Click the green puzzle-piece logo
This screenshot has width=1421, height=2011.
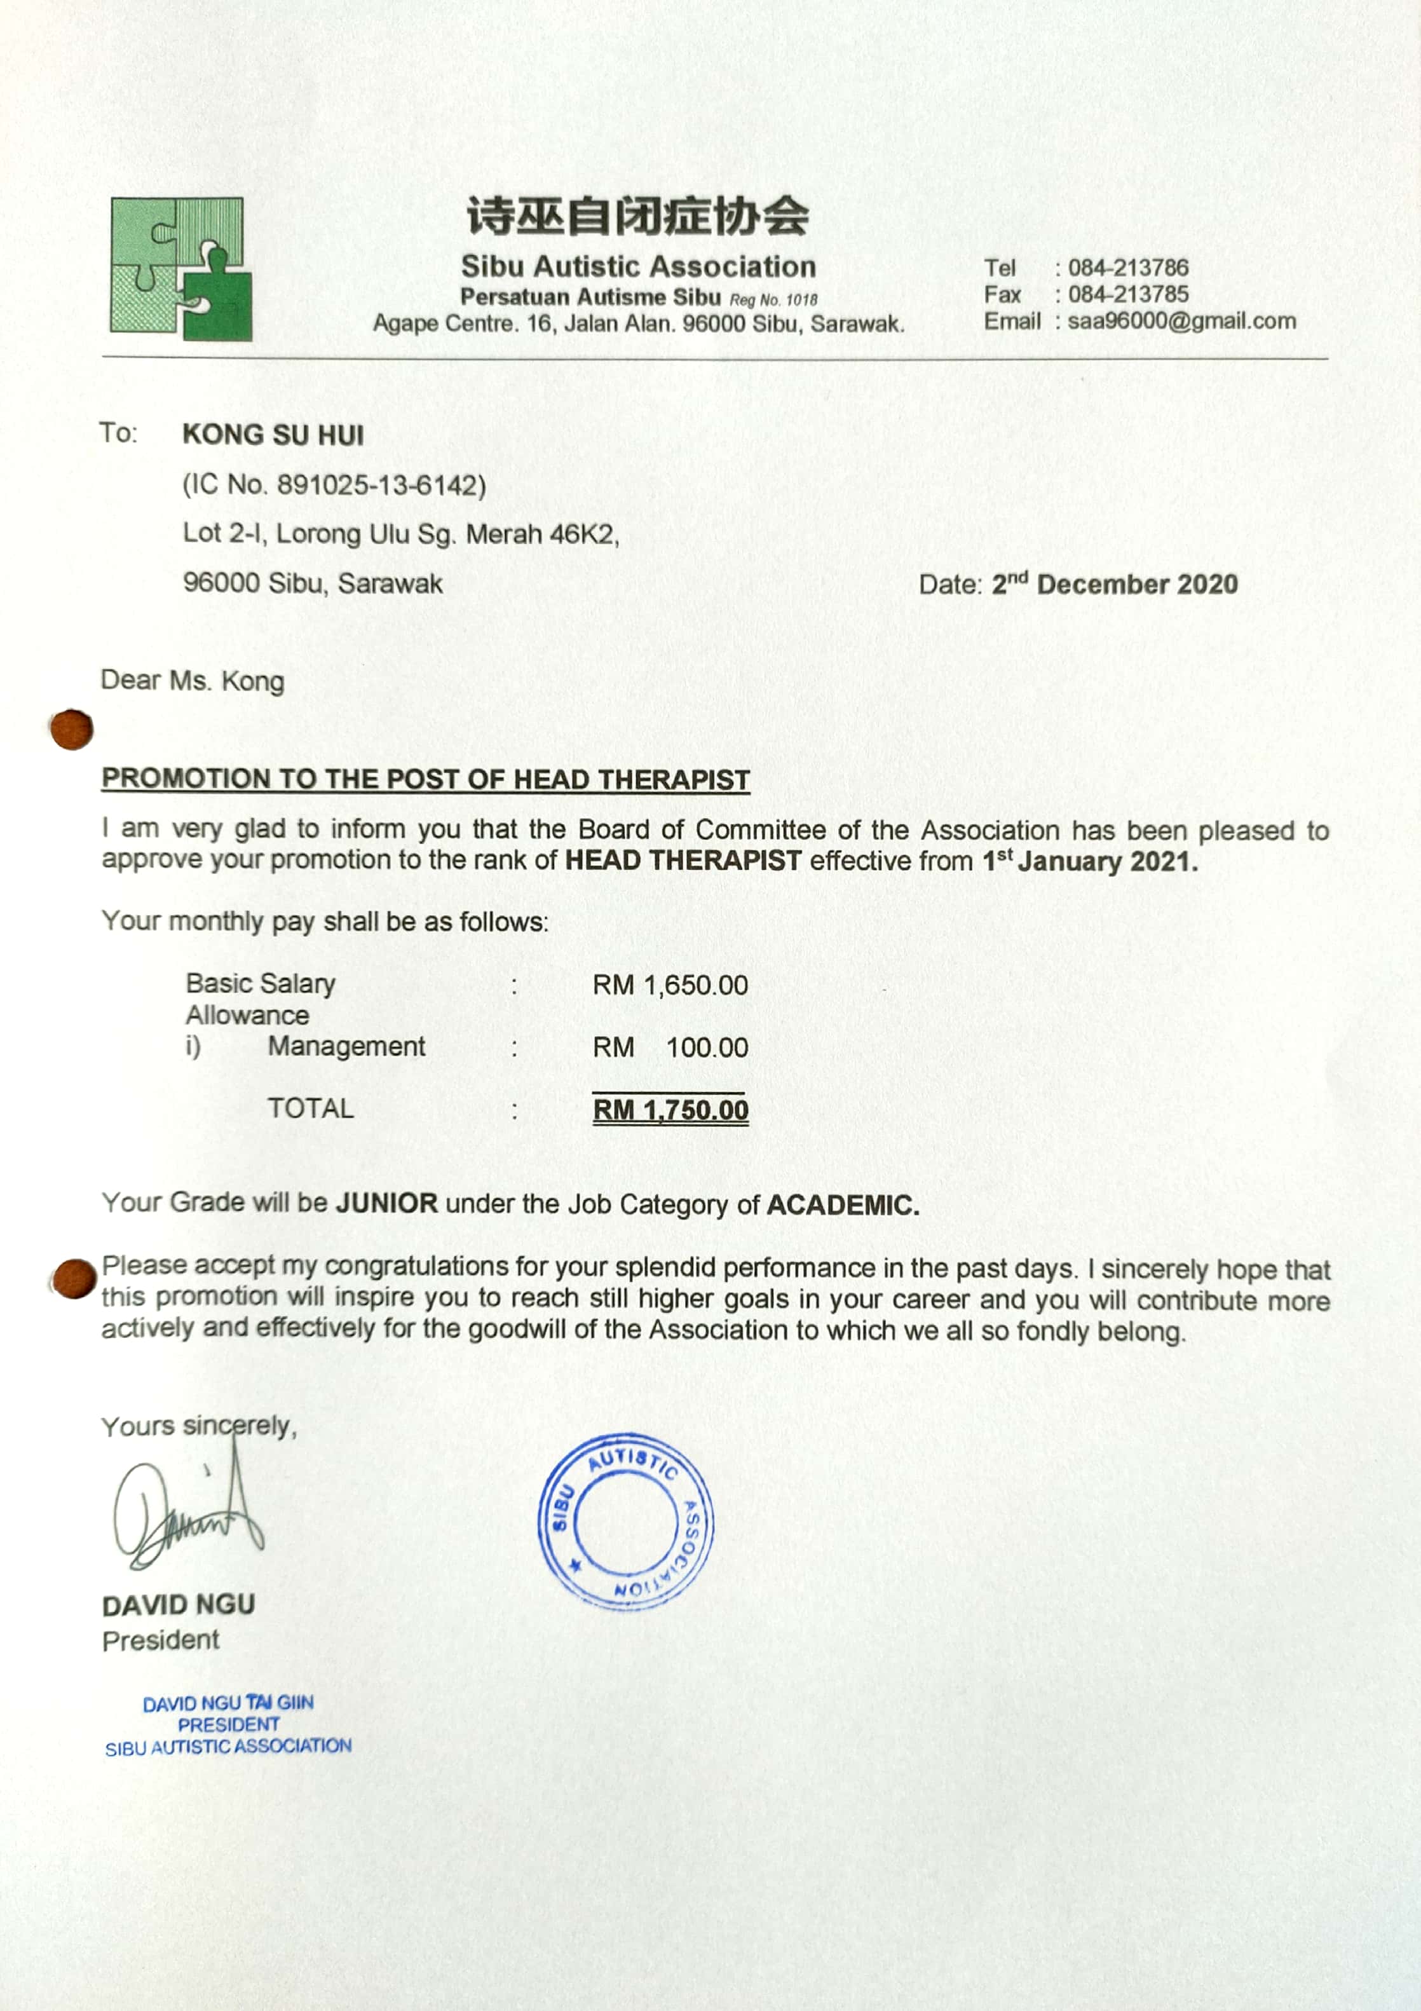(x=180, y=269)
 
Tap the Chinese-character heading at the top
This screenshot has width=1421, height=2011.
(x=637, y=216)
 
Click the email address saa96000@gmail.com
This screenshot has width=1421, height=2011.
(x=1181, y=322)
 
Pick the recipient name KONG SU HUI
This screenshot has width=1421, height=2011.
(x=272, y=435)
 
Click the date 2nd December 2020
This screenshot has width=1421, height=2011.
(x=1115, y=584)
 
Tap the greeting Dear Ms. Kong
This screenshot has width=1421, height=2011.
(x=193, y=681)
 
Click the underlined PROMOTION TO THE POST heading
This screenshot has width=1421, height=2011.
(x=426, y=779)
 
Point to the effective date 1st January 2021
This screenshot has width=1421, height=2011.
(x=1089, y=862)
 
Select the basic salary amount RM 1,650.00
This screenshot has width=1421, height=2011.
(x=670, y=985)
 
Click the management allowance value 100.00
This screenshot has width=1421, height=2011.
(x=707, y=1047)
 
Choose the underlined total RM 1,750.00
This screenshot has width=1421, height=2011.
(x=670, y=1110)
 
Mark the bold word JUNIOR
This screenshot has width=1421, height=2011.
(x=386, y=1203)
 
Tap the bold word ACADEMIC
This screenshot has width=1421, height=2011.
(x=842, y=1205)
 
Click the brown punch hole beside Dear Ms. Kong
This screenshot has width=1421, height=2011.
(x=72, y=730)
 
